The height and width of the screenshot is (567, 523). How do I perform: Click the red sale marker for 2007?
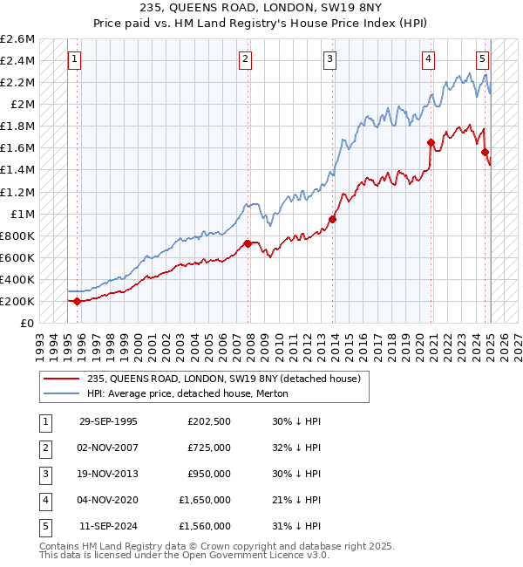point(248,243)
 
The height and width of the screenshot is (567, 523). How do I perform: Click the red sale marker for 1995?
point(77,301)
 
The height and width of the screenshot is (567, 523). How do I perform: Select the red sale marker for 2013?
point(332,219)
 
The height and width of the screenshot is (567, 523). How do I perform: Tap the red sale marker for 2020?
point(431,142)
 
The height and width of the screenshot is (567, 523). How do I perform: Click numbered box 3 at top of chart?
point(330,59)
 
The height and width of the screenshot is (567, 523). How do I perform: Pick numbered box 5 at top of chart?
point(482,59)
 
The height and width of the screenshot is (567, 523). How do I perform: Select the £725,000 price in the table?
point(209,447)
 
